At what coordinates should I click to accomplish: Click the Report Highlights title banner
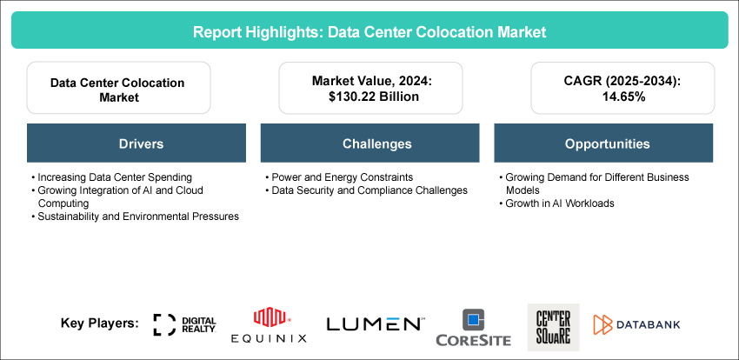369,31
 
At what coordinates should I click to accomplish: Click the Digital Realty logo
184,324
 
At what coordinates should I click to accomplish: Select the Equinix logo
268,325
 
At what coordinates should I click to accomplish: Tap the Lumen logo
375,324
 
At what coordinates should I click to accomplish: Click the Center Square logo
552,324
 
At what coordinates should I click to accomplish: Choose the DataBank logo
637,324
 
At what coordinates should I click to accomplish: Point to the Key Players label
100,323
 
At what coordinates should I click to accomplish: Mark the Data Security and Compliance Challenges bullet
369,190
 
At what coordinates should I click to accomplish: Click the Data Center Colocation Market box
117,89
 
